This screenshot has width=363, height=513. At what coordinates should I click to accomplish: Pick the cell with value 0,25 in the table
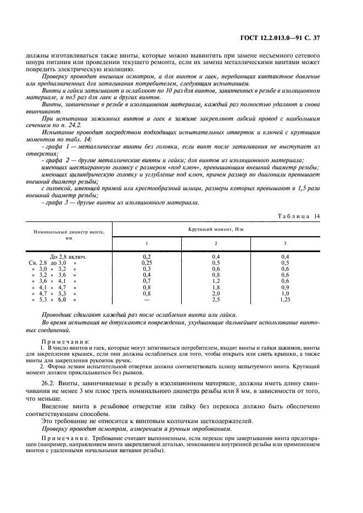pos(147,263)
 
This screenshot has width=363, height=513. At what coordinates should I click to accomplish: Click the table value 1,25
pos(284,300)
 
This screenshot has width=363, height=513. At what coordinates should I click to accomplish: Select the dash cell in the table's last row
pos(147,300)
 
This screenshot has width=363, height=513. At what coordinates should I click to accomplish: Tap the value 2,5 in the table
pos(215,300)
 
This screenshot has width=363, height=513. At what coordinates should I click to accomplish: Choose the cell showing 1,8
pos(215,287)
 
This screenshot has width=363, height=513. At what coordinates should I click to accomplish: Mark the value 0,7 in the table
pos(147,281)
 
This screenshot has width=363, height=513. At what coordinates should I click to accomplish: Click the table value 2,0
pos(215,293)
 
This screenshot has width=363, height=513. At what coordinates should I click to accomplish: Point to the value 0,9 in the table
pos(284,287)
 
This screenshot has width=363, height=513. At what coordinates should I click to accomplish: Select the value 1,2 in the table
pos(215,281)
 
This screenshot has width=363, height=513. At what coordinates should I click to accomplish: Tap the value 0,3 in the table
pos(147,269)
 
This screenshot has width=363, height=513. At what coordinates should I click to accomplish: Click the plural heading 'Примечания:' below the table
pos(65,341)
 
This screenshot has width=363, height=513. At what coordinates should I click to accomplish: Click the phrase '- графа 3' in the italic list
pos(55,202)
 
